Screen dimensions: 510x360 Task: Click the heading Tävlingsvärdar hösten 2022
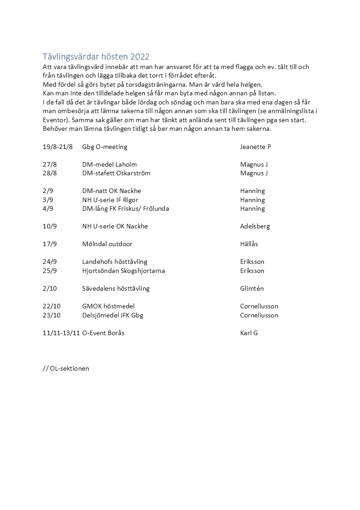tap(96, 57)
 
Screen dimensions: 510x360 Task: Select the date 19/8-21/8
tap(58, 147)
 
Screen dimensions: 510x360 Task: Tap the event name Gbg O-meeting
tap(104, 147)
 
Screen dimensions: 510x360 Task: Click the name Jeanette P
tap(255, 147)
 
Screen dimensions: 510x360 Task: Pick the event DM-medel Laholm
tap(109, 164)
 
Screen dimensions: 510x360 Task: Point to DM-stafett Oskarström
tap(116, 173)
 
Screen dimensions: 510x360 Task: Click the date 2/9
tap(48, 191)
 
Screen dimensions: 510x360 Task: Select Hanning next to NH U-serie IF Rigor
tap(252, 200)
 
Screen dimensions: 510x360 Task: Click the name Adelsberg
tap(255, 226)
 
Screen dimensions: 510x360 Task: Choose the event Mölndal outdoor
tap(107, 244)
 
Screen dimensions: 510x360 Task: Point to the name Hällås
tap(249, 244)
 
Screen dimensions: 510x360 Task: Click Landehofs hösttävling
tap(114, 262)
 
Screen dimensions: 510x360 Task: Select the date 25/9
tap(49, 271)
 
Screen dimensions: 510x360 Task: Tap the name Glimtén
tap(252, 288)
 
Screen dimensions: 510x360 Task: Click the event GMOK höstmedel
tap(108, 306)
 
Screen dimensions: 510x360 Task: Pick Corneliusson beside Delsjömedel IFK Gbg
tap(259, 315)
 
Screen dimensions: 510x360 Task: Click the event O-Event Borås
tap(103, 333)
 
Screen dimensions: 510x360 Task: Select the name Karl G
tap(249, 333)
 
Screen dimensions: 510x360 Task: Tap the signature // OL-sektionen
tap(66, 368)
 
